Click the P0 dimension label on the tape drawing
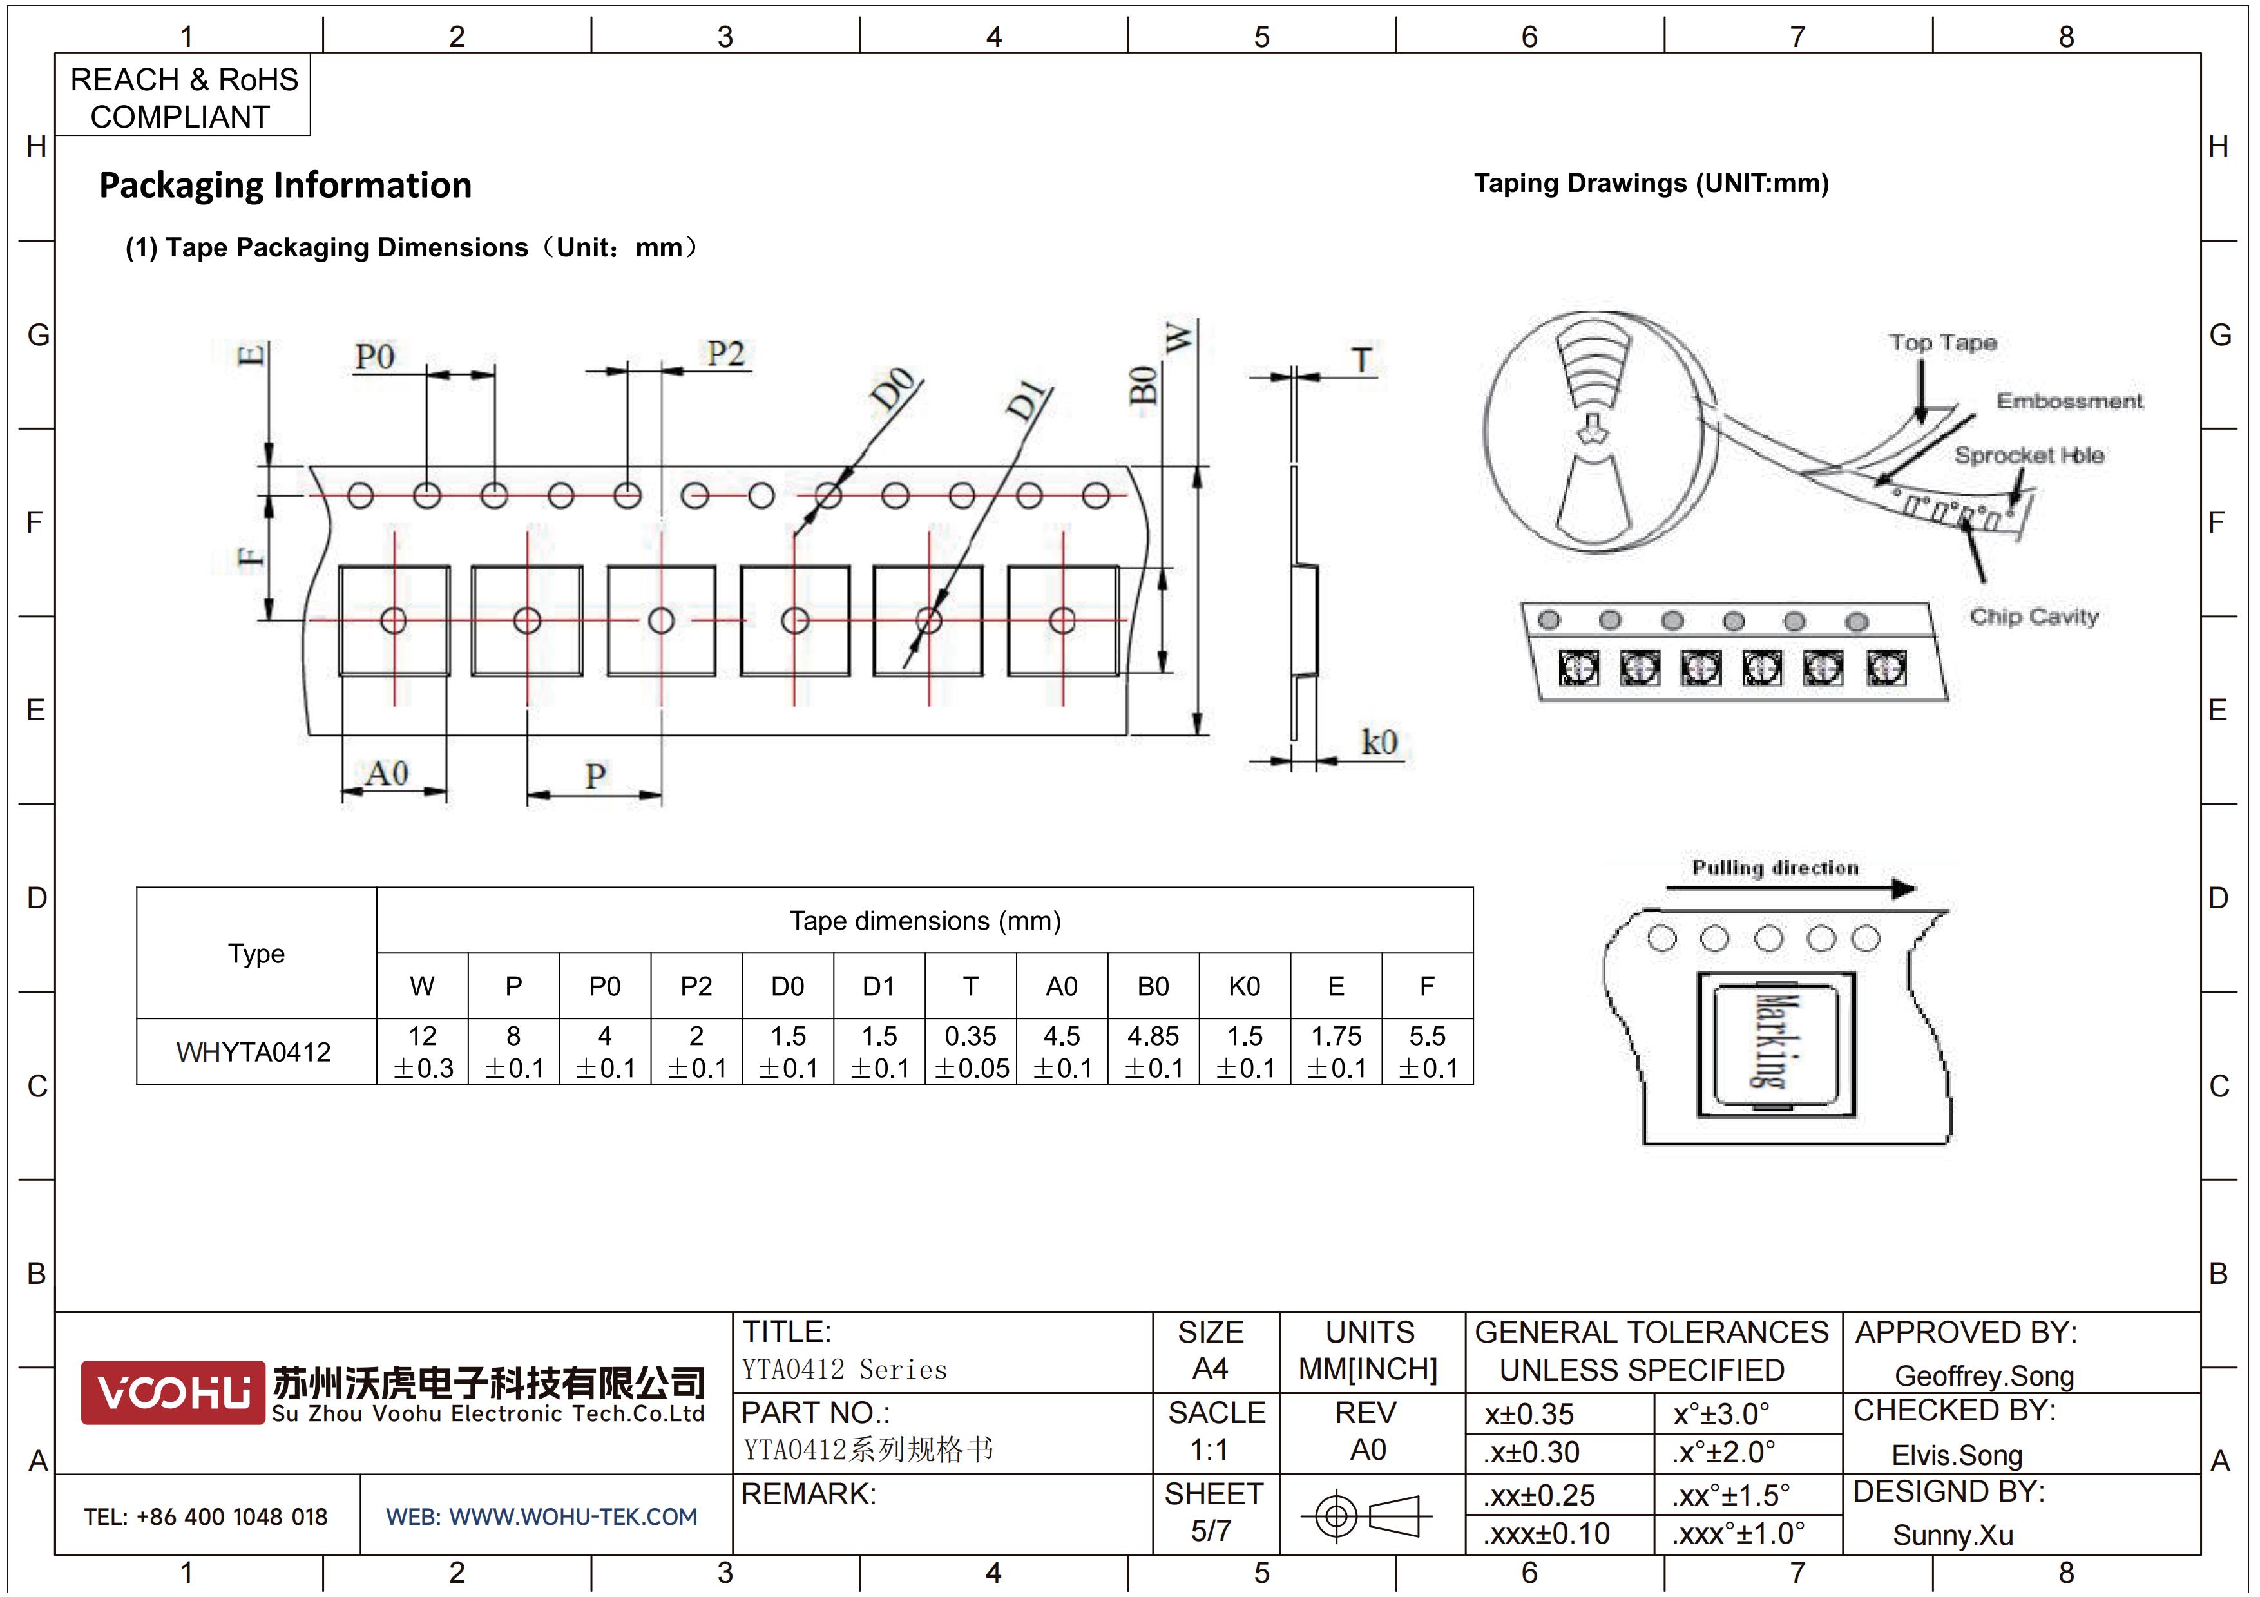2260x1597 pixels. [x=375, y=356]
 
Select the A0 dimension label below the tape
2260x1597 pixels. [x=387, y=774]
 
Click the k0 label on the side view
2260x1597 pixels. [x=1379, y=742]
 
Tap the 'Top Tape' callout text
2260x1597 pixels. [x=1942, y=343]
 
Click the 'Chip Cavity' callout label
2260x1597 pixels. [x=2034, y=617]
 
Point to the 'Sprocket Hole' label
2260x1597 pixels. [x=2029, y=455]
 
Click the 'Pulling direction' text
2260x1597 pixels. [x=1775, y=868]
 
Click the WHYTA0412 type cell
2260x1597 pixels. [x=254, y=1052]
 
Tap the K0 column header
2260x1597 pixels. [x=1244, y=986]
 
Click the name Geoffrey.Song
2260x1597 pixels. [x=1984, y=1375]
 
